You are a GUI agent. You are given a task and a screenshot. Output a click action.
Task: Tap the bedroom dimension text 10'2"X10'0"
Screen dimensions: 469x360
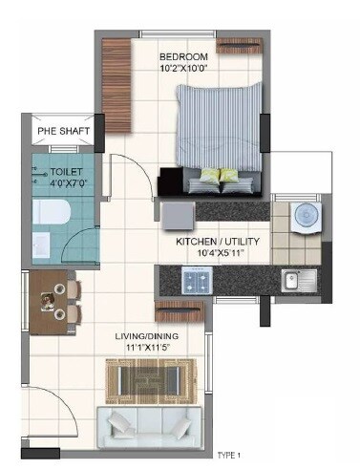tap(183, 69)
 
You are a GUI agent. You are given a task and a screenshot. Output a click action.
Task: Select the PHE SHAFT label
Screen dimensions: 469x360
tap(60, 132)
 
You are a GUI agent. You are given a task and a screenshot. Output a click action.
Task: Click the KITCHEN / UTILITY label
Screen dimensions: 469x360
tap(216, 243)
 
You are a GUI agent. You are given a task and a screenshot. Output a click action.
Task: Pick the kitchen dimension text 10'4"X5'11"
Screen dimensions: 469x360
tap(216, 254)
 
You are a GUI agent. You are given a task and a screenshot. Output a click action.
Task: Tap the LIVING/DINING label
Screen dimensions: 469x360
tap(150, 337)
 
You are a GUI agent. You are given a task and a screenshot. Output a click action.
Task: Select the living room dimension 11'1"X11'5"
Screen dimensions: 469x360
tap(150, 349)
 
